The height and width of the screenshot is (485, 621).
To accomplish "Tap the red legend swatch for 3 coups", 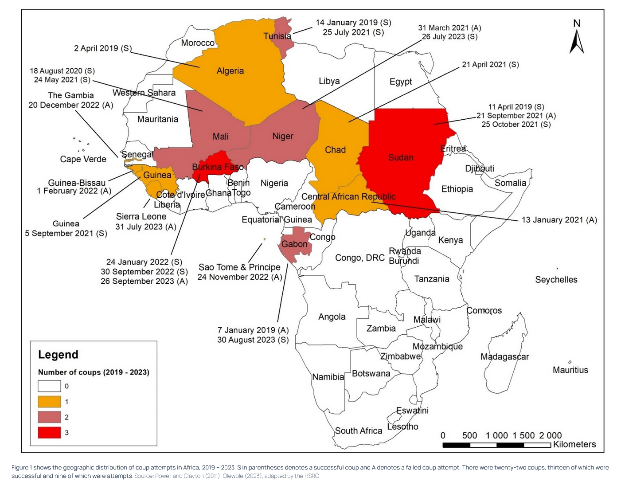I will click(49, 432).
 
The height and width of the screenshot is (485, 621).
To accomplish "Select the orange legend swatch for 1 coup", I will click(49, 401).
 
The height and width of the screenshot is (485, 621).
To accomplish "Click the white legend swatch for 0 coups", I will click(49, 386).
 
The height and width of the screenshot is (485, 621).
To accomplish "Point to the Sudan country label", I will click(401, 157).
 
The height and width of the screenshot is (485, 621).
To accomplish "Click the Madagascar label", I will click(504, 357).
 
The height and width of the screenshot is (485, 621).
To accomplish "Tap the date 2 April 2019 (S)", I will click(103, 48).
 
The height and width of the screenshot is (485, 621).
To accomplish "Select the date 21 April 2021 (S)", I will click(490, 65).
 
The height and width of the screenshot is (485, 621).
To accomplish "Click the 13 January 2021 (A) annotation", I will click(559, 220).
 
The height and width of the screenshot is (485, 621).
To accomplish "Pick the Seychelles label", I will click(556, 280).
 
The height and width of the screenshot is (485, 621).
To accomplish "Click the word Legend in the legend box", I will click(58, 355).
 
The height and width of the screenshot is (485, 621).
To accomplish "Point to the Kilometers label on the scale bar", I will click(574, 444).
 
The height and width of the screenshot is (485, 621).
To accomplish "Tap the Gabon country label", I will click(294, 244).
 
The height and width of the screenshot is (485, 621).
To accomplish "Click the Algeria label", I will click(230, 71).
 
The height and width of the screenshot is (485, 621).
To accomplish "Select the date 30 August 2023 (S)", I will click(253, 340).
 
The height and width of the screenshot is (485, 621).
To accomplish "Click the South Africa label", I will click(358, 431).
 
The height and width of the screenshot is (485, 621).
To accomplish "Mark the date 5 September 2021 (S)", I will click(66, 234).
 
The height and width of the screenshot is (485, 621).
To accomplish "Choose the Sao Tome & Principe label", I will click(239, 267).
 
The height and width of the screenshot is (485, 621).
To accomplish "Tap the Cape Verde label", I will click(83, 159).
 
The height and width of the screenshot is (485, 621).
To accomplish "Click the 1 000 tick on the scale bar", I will click(496, 435).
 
